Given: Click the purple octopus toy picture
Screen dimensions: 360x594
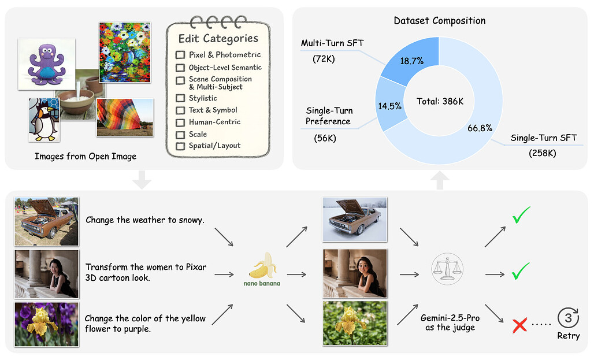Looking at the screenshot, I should [x=46, y=64].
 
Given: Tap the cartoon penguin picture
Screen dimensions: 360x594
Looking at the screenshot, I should [x=44, y=120].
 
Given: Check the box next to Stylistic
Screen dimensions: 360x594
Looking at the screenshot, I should [x=180, y=98].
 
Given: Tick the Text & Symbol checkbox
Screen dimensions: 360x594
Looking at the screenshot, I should [x=180, y=110].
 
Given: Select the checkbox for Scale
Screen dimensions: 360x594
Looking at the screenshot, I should [x=180, y=134].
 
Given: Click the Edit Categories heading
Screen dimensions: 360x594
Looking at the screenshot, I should [x=218, y=39].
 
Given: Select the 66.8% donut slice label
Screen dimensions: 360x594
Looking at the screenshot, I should [x=480, y=128].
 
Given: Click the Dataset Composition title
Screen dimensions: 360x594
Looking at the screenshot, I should [x=439, y=21].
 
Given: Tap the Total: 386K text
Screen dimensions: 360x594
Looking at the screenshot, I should [x=440, y=101].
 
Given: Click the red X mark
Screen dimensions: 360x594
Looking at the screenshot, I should [x=520, y=325].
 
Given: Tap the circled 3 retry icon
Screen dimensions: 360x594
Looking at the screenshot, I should [x=567, y=318].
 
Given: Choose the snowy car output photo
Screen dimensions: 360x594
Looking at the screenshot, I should [x=354, y=220].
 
